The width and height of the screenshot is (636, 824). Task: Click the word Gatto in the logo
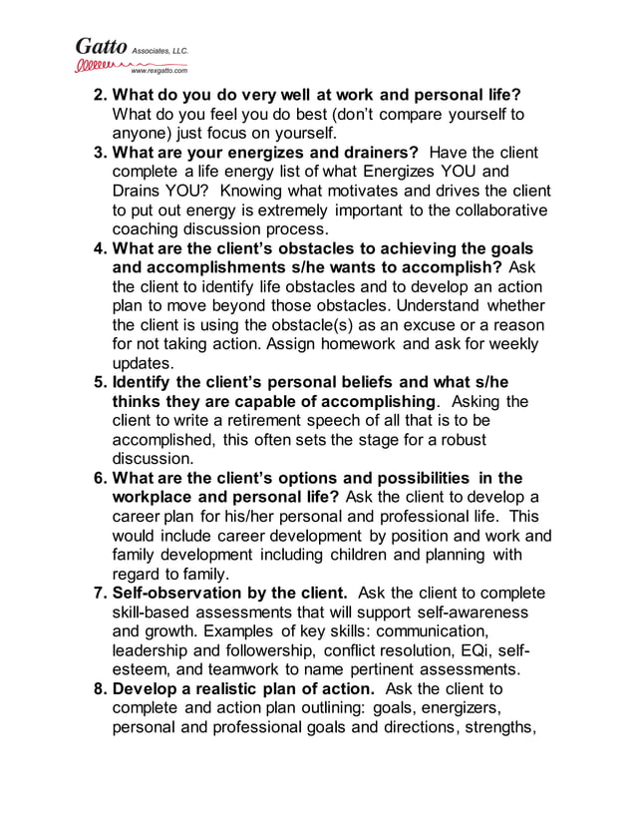[101, 46]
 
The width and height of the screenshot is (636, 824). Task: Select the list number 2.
[100, 96]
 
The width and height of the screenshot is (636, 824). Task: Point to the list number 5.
[100, 382]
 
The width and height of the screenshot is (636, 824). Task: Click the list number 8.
[100, 689]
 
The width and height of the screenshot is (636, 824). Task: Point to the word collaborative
[489, 210]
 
